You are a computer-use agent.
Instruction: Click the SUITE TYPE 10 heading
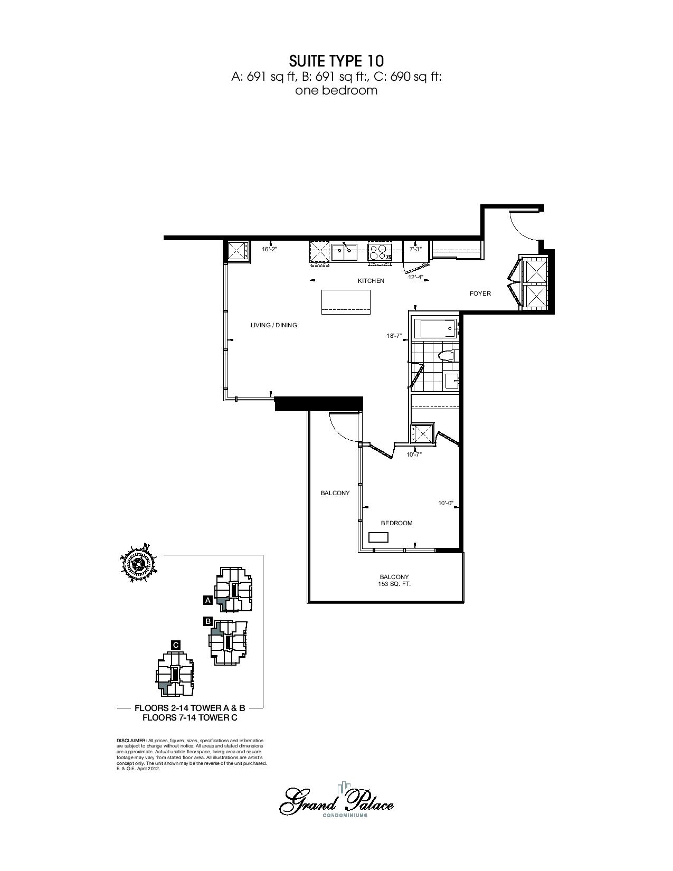click(x=336, y=61)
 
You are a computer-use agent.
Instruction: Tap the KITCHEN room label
click(x=371, y=281)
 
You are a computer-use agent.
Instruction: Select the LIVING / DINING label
click(x=274, y=325)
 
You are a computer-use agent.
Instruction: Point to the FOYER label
click(x=480, y=294)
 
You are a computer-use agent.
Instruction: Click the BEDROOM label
click(x=396, y=523)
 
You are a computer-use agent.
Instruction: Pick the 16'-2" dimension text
click(x=270, y=249)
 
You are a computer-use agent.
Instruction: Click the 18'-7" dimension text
click(x=394, y=336)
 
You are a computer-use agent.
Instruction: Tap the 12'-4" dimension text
click(x=416, y=277)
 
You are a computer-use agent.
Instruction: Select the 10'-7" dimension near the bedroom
click(x=414, y=455)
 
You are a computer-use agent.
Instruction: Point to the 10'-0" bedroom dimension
click(x=445, y=503)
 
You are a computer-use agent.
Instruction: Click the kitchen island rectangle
click(x=346, y=302)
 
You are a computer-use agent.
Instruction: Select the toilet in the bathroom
click(x=445, y=356)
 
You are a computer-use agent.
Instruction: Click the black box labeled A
click(x=207, y=600)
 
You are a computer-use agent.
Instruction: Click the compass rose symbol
click(x=138, y=564)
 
